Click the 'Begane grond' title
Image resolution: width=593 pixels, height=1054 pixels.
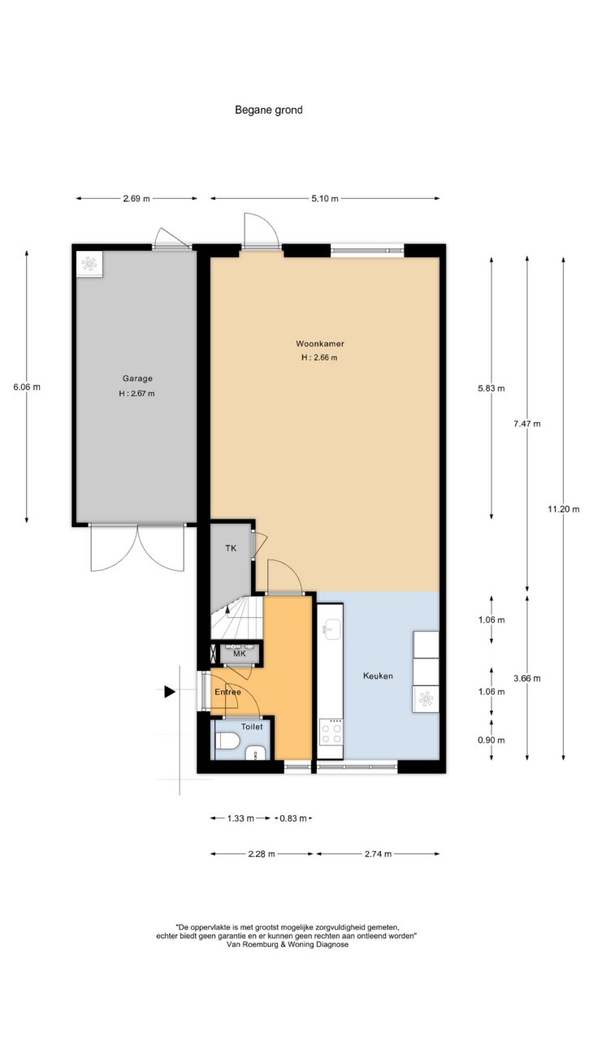269,110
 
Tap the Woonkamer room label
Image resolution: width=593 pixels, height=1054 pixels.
320,343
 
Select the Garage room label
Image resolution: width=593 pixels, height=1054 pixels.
137,378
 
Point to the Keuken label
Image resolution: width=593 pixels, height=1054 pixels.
378,676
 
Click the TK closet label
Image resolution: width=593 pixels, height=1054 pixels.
231,548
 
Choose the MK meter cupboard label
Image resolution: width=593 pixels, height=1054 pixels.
240,654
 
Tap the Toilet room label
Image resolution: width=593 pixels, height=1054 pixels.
252,727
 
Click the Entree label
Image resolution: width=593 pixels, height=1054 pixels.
227,692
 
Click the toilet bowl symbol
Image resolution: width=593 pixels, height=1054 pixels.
227,741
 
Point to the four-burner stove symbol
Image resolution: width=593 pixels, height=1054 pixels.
331,732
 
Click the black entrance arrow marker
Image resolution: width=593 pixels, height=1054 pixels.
170,692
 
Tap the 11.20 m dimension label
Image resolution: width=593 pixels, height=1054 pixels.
564,508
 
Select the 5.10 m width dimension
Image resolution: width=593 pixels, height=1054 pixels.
325,199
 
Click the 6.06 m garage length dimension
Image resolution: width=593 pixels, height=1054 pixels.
27,387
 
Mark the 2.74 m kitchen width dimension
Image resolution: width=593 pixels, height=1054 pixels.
378,854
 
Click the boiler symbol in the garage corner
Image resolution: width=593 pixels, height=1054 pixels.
89,265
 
